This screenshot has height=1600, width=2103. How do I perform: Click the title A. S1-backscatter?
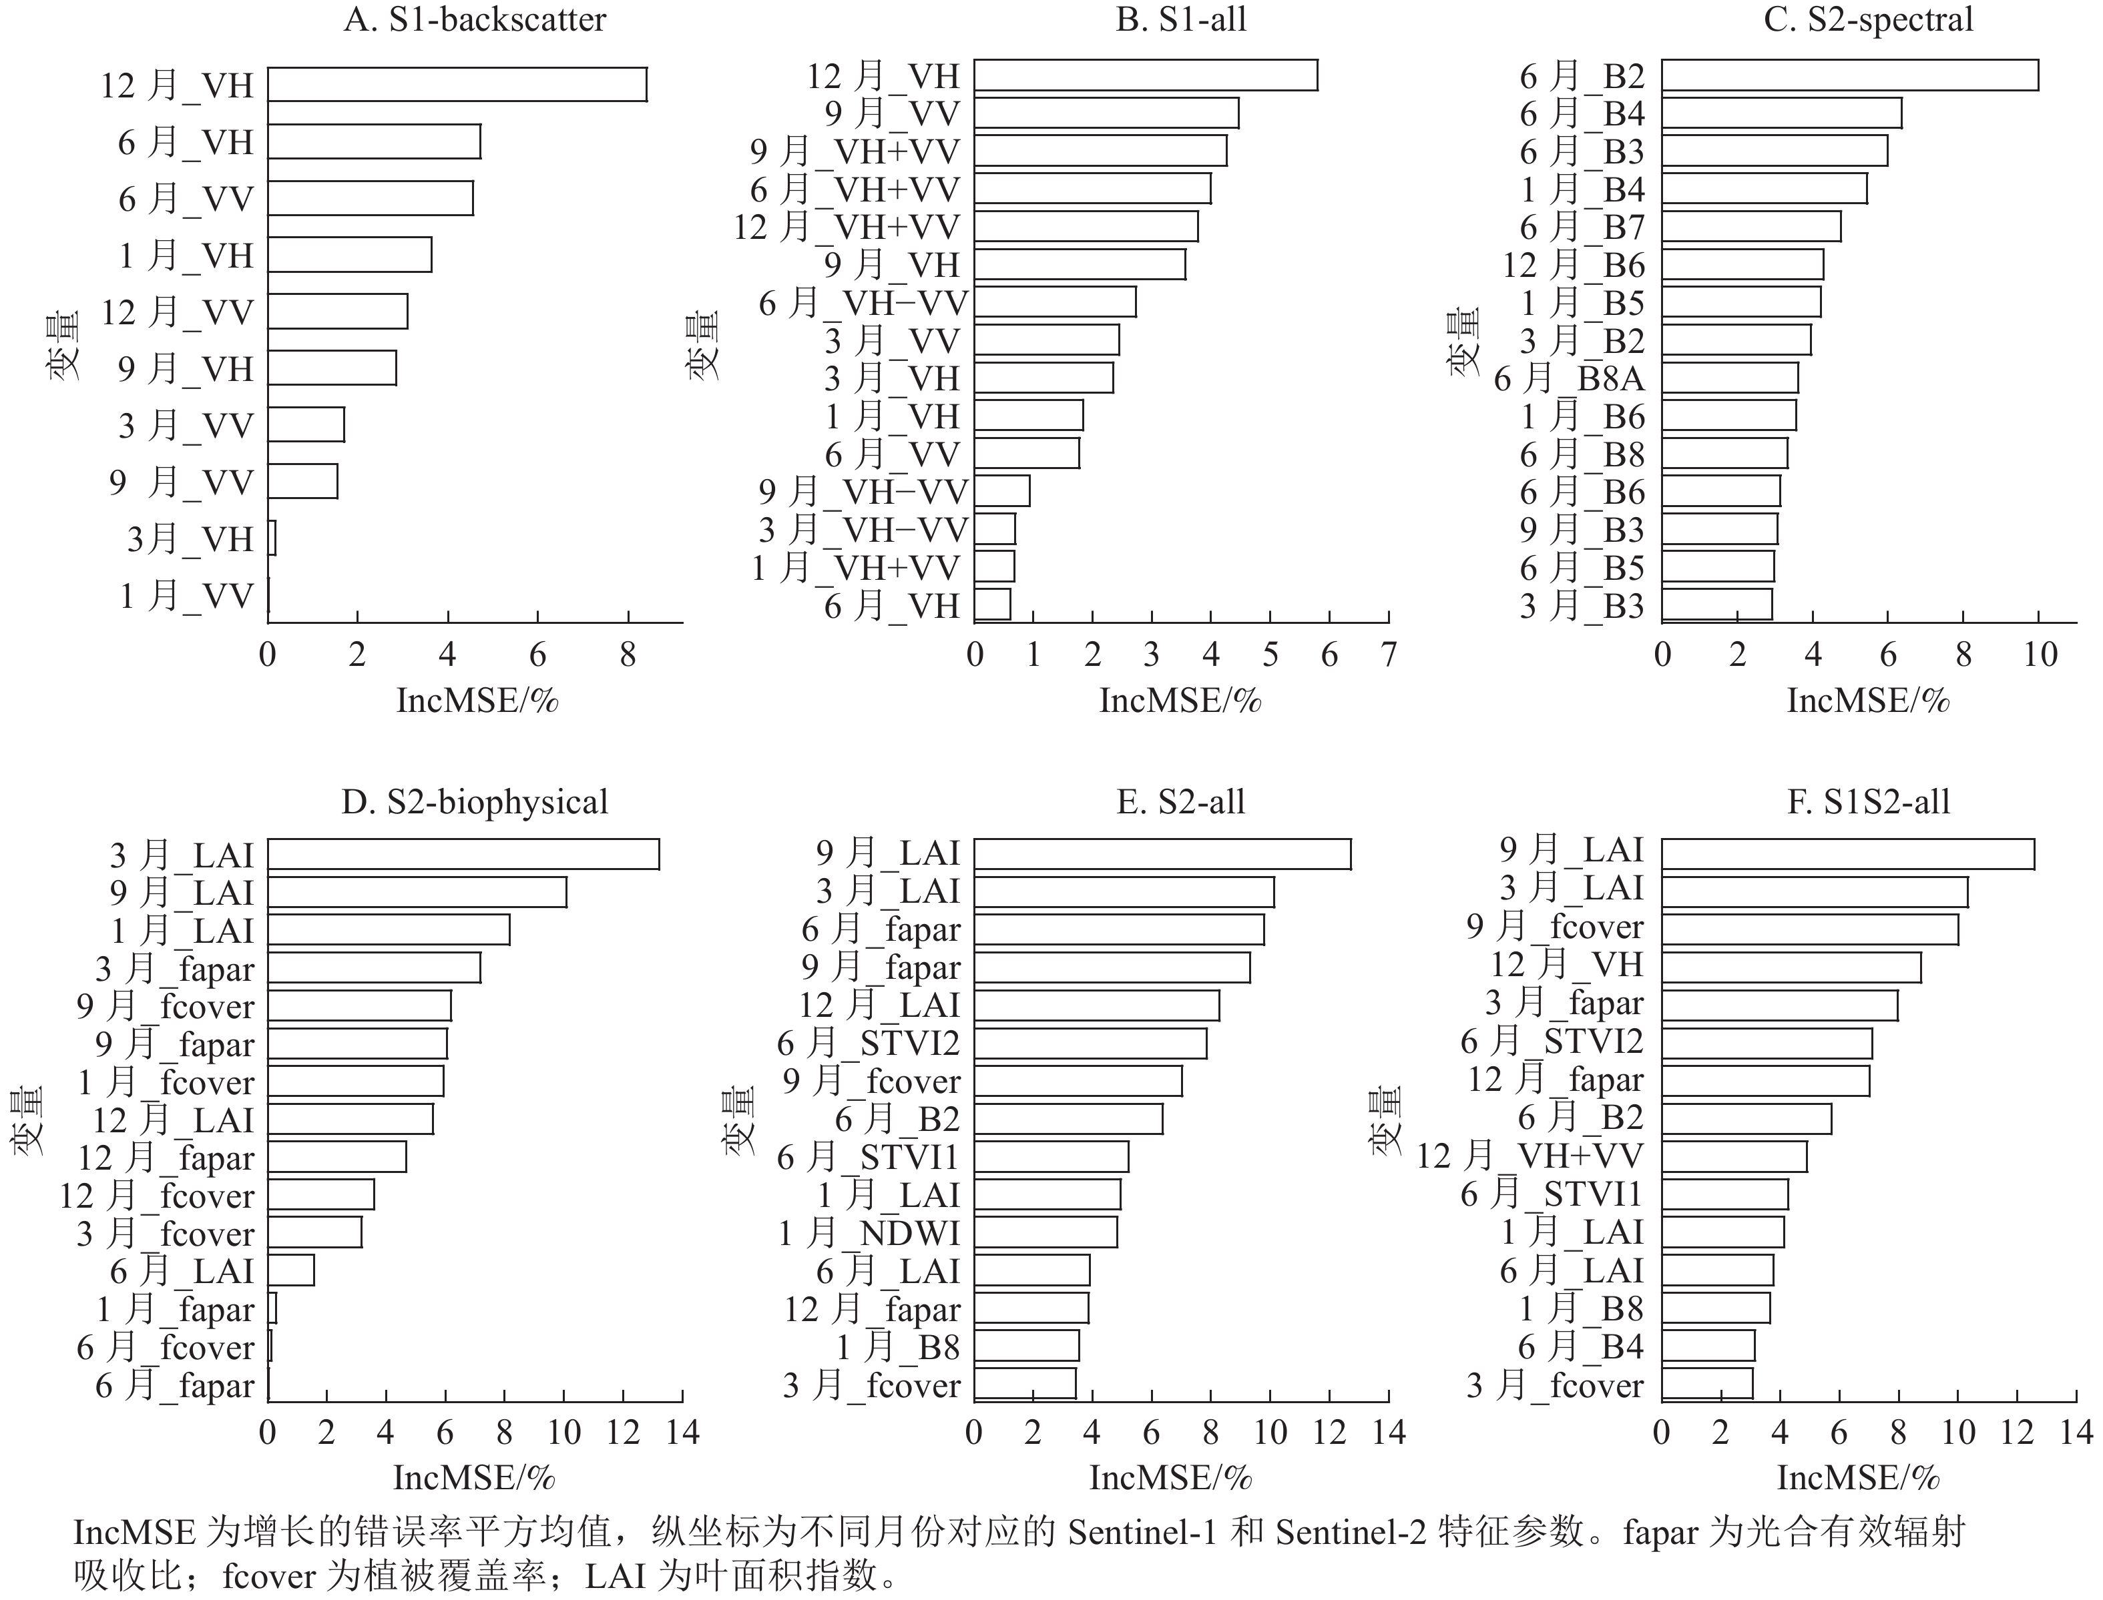tap(475, 20)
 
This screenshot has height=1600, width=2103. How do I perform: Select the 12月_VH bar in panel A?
tap(457, 85)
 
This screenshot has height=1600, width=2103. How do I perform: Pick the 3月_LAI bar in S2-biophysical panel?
tap(463, 854)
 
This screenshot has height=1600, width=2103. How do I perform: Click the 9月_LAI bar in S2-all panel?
tap(1162, 854)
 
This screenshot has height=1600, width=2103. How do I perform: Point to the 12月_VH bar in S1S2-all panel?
tap(1791, 967)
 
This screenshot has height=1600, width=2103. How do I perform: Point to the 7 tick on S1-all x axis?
tap(1389, 655)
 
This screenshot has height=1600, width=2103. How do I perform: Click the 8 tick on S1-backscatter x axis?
tap(628, 655)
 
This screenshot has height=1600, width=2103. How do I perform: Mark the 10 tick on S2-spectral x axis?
tap(2039, 655)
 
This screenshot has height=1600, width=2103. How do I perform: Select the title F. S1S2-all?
tap(1867, 802)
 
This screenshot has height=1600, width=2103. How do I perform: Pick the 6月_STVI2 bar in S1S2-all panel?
tap(1767, 1044)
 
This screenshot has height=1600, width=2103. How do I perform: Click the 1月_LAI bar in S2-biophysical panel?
tap(388, 929)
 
